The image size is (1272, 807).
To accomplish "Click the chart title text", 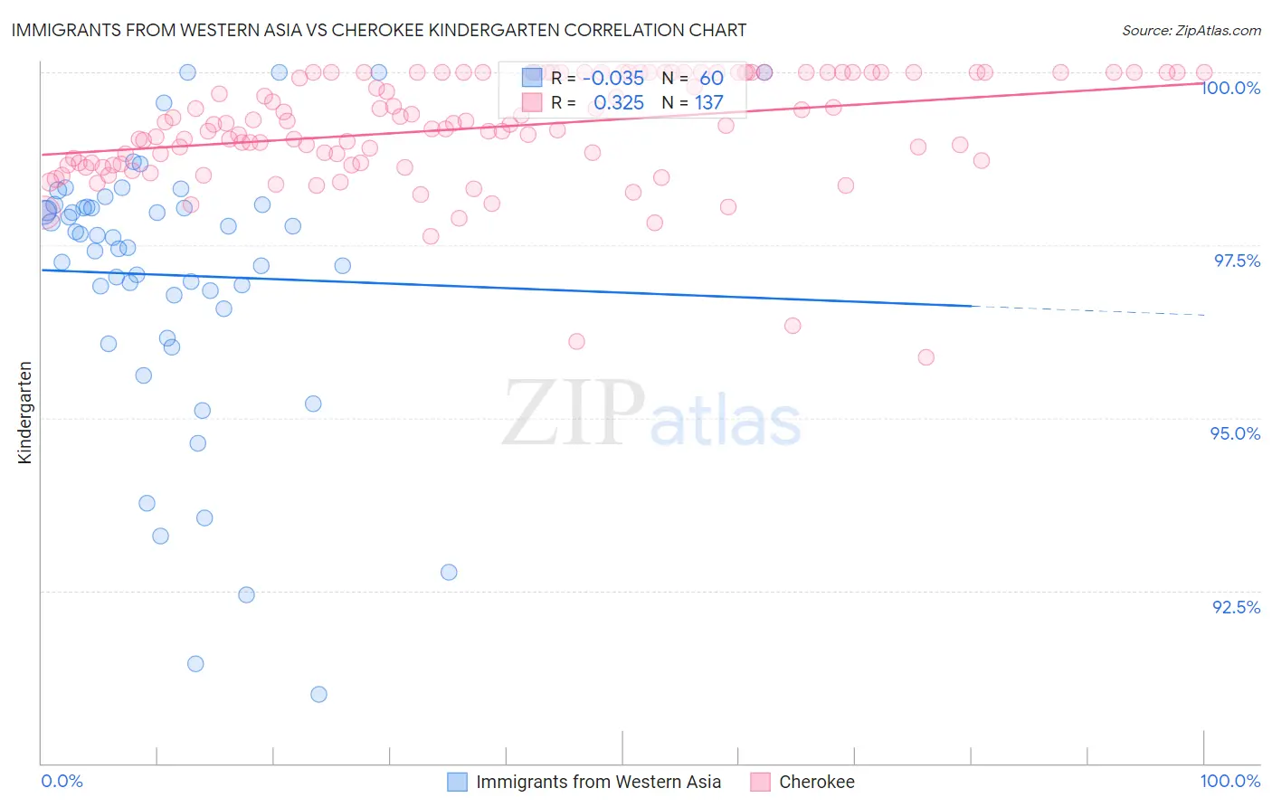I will click(378, 30).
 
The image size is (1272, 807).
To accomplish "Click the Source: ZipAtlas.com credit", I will click(1191, 30).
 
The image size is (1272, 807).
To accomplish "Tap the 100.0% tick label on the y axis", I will click(1230, 88).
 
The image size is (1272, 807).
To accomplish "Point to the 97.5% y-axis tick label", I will click(1237, 261).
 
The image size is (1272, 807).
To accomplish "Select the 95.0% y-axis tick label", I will click(1235, 433).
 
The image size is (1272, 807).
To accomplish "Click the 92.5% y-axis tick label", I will click(1236, 607).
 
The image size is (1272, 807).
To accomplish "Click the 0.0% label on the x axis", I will click(62, 781).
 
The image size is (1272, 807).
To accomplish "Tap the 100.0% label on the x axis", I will click(1229, 781).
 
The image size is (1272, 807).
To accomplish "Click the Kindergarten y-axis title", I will click(25, 413).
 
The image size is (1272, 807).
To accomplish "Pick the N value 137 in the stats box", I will click(709, 103).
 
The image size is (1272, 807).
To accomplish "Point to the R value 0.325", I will click(619, 103).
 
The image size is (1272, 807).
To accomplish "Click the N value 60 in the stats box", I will click(711, 78).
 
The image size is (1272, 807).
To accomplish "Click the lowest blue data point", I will click(318, 694).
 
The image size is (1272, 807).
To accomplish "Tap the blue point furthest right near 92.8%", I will click(449, 572).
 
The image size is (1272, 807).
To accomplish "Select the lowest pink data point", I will click(926, 357).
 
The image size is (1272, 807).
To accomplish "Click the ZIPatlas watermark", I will click(651, 413).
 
